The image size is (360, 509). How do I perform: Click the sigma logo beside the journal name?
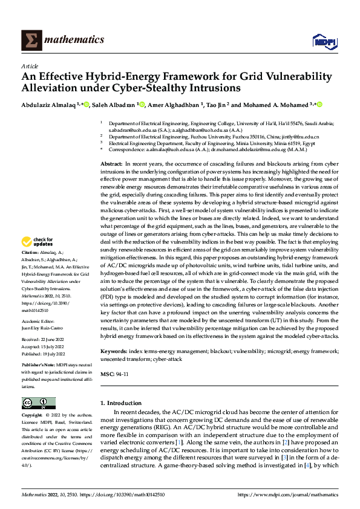29,41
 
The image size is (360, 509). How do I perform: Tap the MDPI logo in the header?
321,41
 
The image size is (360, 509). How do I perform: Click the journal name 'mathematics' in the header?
73,40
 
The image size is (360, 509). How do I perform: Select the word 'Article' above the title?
29,66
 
